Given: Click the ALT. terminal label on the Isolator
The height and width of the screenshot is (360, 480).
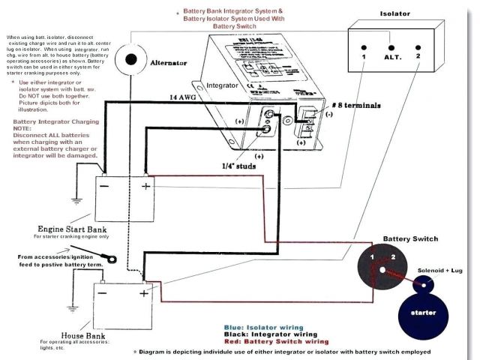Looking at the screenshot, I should [x=392, y=57].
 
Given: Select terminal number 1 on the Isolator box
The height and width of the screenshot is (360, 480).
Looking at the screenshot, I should [x=363, y=57].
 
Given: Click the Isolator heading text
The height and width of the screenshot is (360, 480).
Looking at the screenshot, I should [x=395, y=13].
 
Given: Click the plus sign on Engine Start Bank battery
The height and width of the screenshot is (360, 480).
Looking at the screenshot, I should [x=145, y=184].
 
